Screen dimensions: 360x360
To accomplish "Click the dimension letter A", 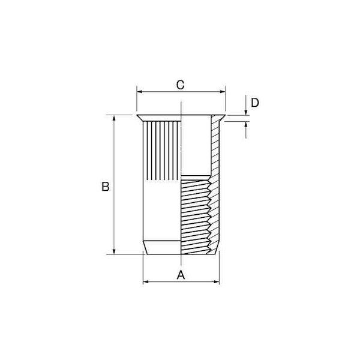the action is click(x=181, y=275).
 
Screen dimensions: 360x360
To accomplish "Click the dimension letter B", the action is click(x=106, y=187).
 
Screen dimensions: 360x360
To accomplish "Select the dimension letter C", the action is click(x=180, y=85).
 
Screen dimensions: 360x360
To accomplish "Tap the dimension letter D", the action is click(x=255, y=103).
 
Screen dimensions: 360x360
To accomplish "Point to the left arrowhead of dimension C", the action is click(x=139, y=92).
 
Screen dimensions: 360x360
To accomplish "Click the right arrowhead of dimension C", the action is click(x=223, y=92).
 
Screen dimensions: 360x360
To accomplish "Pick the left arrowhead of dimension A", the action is click(x=146, y=282).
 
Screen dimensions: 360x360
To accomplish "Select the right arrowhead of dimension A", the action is click(x=217, y=282).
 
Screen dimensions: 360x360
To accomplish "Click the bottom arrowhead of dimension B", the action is click(x=114, y=251).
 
